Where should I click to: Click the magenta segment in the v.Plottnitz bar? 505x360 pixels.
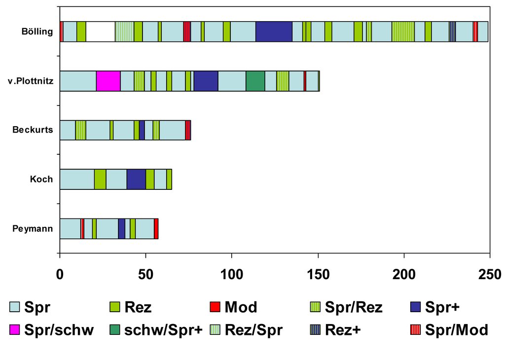pyautogui.click(x=108, y=81)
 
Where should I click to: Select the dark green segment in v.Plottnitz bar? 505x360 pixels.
pyautogui.click(x=255, y=81)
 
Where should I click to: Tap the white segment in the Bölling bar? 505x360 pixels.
pyautogui.click(x=100, y=32)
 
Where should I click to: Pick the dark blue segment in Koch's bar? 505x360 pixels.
pyautogui.click(x=136, y=179)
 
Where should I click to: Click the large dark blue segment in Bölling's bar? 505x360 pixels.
pyautogui.click(x=274, y=32)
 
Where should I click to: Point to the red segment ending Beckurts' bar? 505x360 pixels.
pyautogui.click(x=188, y=130)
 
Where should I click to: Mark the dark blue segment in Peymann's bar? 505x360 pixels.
pyautogui.click(x=121, y=228)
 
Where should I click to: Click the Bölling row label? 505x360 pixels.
pyautogui.click(x=37, y=32)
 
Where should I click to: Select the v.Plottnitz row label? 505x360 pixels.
pyautogui.click(x=30, y=81)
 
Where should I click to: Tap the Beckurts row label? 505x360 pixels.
pyautogui.click(x=33, y=130)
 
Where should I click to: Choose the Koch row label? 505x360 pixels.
pyautogui.click(x=41, y=180)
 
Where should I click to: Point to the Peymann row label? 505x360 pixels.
pyautogui.click(x=34, y=229)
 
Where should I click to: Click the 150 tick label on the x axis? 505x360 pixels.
pyautogui.click(x=318, y=275)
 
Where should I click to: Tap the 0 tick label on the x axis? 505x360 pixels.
pyautogui.click(x=60, y=275)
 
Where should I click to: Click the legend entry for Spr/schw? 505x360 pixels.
pyautogui.click(x=52, y=330)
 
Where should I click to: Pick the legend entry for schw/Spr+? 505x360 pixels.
pyautogui.click(x=155, y=330)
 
